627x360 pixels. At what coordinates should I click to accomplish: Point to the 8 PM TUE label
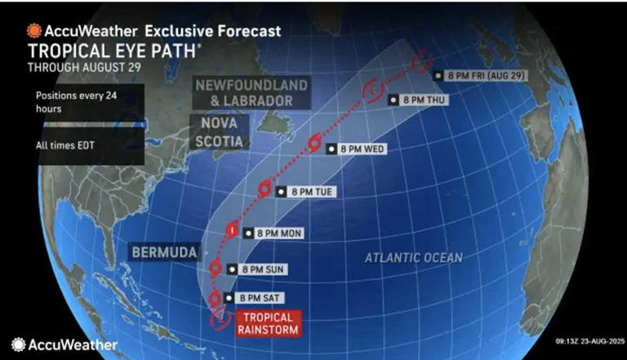pyautogui.click(x=307, y=192)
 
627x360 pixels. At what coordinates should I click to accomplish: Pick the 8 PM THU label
pyautogui.click(x=416, y=100)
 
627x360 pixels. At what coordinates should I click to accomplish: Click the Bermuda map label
pyautogui.click(x=163, y=253)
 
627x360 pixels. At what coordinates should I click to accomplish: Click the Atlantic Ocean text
pyautogui.click(x=413, y=258)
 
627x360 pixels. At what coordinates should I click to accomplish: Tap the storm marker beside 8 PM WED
pyautogui.click(x=313, y=145)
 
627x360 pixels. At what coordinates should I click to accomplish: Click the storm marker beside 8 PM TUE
pyautogui.click(x=265, y=189)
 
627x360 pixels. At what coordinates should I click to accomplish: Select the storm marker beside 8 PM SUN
pyautogui.click(x=216, y=267)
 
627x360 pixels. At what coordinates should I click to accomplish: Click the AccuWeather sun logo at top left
pyautogui.click(x=33, y=30)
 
